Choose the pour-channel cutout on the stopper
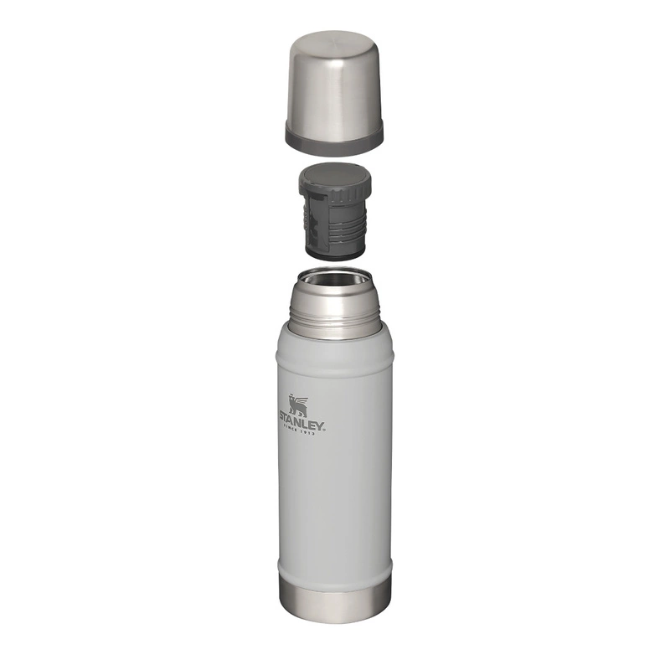coord(312,223)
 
